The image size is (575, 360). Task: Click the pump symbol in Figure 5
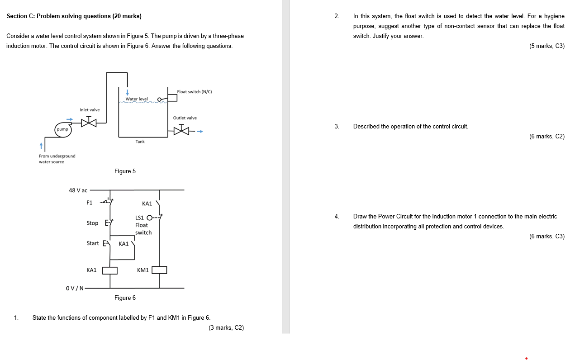62,129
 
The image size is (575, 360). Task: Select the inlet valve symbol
89,122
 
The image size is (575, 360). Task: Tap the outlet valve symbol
181,131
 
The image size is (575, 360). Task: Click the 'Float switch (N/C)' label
195,92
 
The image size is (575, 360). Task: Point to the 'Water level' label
137,99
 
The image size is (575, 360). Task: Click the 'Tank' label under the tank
140,142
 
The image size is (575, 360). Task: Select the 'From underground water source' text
57,159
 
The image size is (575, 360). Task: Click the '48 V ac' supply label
78,190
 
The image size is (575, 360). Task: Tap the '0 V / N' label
75,288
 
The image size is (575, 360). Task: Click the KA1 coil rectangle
110,270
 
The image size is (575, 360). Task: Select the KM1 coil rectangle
159,270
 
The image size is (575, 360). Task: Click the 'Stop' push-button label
92,223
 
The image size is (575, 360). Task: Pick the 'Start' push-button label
93,243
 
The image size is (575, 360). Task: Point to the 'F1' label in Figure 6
89,203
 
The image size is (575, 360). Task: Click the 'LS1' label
139,218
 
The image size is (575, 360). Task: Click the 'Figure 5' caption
125,171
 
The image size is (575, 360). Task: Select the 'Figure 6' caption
125,298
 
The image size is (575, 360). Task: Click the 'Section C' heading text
74,16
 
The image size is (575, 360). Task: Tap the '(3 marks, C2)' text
226,327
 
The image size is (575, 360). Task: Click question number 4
337,216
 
